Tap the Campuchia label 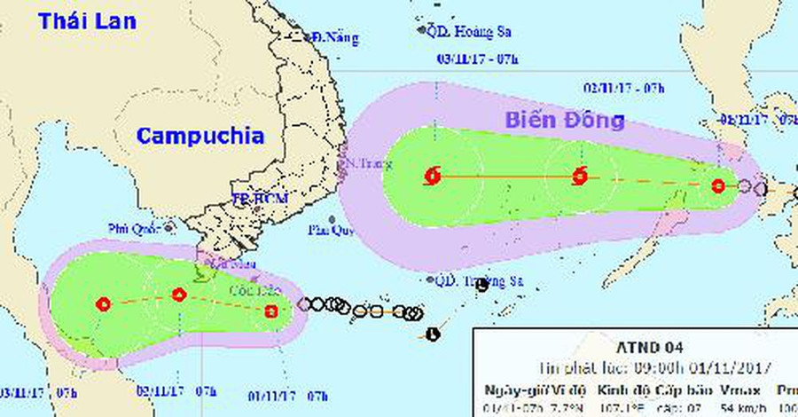point(199,136)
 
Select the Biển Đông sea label point(565,120)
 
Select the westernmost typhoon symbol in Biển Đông point(433,175)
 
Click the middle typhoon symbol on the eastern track point(581,175)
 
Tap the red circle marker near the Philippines point(718,186)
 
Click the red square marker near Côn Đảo point(272,311)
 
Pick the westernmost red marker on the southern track point(105,304)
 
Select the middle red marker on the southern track point(179,295)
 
